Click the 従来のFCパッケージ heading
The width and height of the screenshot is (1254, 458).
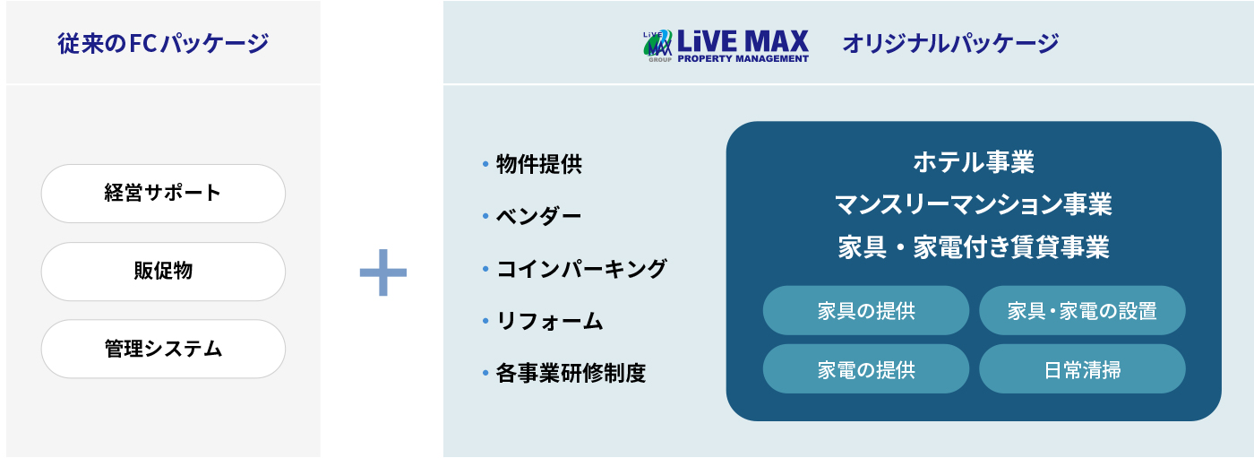click(163, 43)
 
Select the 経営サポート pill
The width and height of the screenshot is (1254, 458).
click(163, 194)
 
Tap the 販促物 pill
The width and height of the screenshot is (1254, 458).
click(163, 271)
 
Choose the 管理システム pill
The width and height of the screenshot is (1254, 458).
click(163, 349)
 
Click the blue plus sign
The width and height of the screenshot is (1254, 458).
click(383, 272)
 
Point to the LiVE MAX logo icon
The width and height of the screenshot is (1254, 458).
click(657, 46)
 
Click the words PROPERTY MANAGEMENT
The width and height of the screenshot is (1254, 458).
click(743, 58)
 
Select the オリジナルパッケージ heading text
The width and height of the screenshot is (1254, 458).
click(950, 43)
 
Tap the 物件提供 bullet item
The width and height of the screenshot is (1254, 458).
click(532, 164)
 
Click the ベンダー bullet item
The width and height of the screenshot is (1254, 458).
click(532, 216)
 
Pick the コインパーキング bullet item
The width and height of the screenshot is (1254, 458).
click(575, 269)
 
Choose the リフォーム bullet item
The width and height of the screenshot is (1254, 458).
click(543, 321)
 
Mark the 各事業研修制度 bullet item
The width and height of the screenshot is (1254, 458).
click(564, 373)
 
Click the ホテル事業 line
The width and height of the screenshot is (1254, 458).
click(974, 162)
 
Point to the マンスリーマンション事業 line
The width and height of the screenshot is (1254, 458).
click(974, 203)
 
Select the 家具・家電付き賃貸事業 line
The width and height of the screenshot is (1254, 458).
click(974, 246)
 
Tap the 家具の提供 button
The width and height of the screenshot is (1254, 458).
click(866, 311)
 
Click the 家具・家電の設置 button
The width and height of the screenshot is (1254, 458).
click(1082, 311)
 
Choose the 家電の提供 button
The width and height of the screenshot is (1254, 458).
click(866, 369)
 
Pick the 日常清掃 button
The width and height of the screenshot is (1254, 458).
click(1082, 369)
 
